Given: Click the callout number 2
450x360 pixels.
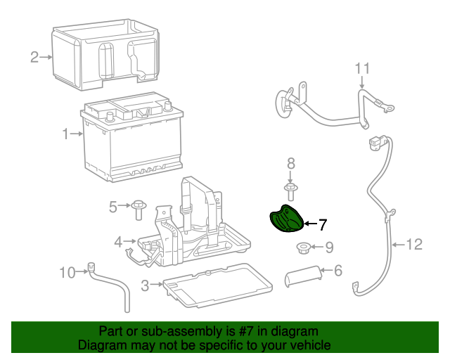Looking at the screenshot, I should click(x=34, y=57).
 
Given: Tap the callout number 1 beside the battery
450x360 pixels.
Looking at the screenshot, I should click(x=66, y=134).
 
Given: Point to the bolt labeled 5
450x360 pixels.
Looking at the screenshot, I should click(x=139, y=207).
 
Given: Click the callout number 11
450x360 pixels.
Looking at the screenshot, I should click(x=361, y=68).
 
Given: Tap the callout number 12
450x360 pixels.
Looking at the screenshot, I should click(x=415, y=245).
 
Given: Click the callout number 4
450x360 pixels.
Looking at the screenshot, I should click(x=119, y=242).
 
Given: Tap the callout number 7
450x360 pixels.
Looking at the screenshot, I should click(x=323, y=225).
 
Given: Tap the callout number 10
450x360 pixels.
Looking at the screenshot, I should click(x=67, y=272).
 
